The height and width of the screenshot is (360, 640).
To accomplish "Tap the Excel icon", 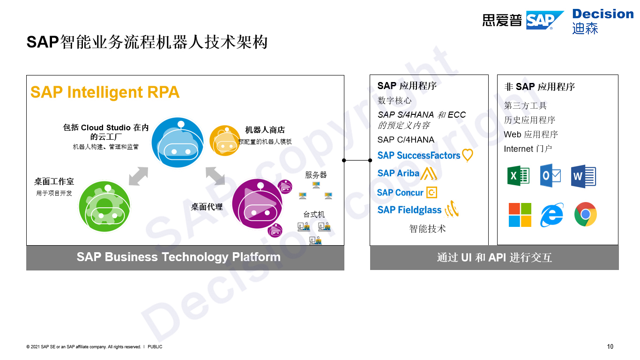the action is tap(518, 176).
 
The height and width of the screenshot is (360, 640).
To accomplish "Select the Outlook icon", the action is tap(551, 176).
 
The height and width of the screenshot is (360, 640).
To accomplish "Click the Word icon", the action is tap(583, 176).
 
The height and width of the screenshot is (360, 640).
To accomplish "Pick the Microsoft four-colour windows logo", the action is tap(520, 215).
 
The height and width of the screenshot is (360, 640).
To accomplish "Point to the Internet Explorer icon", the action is tap(552, 215).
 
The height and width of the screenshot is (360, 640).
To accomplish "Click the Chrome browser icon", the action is tap(586, 214).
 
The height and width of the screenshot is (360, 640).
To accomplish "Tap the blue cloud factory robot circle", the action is tap(178, 142).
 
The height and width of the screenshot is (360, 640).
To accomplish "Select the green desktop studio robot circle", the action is tap(104, 206).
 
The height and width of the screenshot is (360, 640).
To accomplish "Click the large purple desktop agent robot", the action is tap(257, 203).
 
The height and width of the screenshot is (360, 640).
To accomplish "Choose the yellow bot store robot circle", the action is tap(224, 141).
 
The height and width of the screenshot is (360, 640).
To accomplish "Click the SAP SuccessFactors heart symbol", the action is tap(468, 155).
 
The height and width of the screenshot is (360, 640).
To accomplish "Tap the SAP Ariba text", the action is tap(398, 173).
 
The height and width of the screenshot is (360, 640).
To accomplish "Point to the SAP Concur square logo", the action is tap(432, 193).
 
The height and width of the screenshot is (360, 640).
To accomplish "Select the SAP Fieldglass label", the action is tap(409, 210).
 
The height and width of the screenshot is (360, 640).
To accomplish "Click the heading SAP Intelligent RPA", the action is tap(105, 92).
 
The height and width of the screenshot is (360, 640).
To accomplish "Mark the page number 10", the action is tap(610, 346).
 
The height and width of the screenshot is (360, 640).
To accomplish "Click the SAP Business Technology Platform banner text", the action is tap(179, 257).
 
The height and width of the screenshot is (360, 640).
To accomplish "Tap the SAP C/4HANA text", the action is tap(406, 140).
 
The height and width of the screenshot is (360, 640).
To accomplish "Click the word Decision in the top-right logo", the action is tap(603, 14).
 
